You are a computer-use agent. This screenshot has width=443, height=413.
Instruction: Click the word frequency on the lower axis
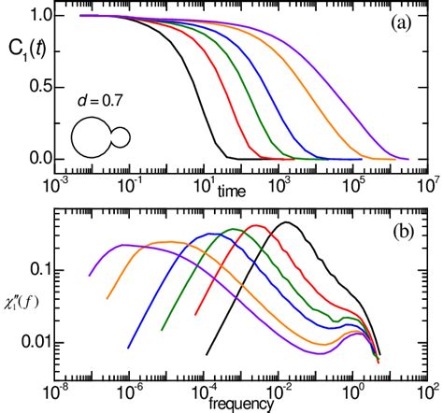(x=240, y=404)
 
